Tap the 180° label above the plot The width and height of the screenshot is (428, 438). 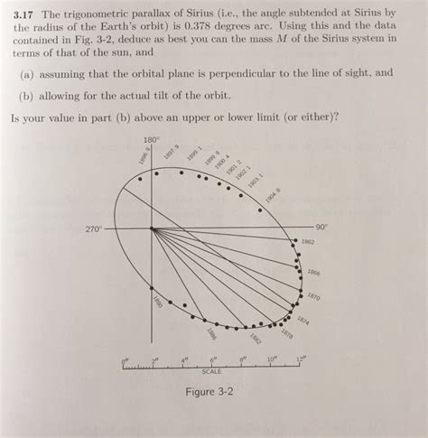(x=152, y=140)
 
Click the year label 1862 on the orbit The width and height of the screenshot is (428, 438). (x=308, y=242)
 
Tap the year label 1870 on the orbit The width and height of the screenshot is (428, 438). (x=312, y=295)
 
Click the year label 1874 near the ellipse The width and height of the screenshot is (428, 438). (x=302, y=320)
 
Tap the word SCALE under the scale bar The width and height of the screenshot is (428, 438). (x=212, y=371)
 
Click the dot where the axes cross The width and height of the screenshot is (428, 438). (x=152, y=228)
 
